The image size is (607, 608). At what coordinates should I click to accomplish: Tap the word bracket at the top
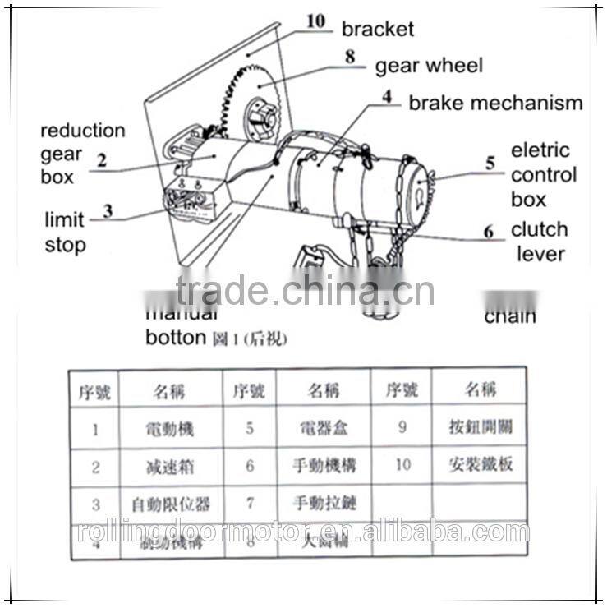point(378,29)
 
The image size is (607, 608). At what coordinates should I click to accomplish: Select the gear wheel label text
point(429,65)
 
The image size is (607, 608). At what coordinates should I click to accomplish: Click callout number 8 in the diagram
point(350,58)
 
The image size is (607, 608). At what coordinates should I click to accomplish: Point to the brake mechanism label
point(495,103)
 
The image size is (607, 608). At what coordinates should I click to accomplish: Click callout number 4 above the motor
point(387,96)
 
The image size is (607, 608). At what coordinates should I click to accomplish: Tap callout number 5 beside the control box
point(490,163)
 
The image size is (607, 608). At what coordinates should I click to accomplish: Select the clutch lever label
point(540,241)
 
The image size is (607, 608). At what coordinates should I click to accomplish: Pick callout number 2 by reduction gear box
point(102,161)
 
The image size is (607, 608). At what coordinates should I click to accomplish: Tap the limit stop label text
point(65,233)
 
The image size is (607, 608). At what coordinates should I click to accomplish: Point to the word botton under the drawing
point(175,337)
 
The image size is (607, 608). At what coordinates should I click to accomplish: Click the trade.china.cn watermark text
point(304,291)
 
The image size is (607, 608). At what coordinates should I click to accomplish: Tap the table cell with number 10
point(402,464)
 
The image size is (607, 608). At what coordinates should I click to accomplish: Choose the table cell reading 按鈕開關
point(481,427)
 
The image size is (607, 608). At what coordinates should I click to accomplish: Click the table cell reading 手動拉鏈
point(324,502)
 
